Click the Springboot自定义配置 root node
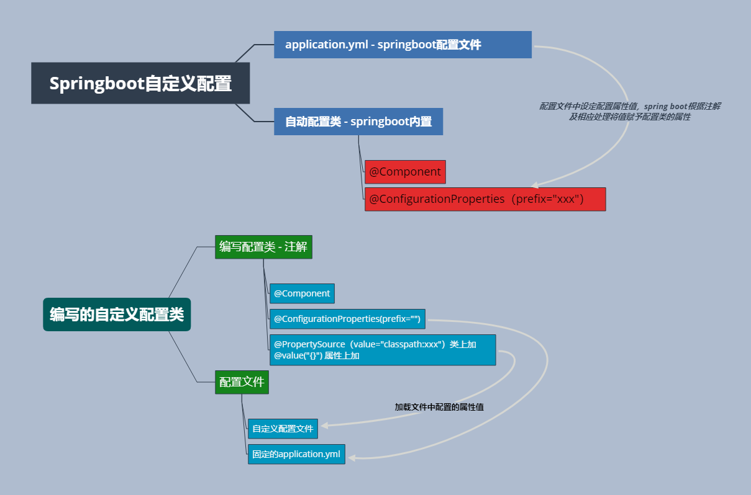coord(140,83)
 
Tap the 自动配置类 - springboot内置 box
coord(358,122)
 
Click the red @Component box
coord(405,172)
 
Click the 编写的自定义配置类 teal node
coord(117,314)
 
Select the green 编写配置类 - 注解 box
coord(263,247)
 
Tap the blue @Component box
coord(302,293)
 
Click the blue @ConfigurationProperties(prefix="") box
coord(347,319)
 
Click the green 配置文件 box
coord(242,382)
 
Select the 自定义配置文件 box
coord(283,428)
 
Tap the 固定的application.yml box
coord(296,454)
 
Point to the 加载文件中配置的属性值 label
coord(439,408)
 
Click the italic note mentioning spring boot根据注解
coord(629,111)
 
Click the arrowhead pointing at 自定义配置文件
coord(324,426)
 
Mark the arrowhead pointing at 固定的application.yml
coord(352,458)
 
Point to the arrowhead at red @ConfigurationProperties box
coord(535,184)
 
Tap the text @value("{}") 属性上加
coord(316,356)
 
